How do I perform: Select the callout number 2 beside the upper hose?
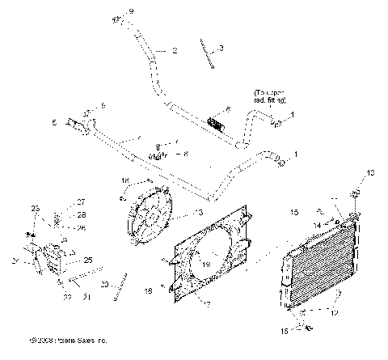coord(174,50)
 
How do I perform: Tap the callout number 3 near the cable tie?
coord(221,49)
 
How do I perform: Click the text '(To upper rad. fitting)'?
coord(269,95)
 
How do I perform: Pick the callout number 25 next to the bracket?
coord(89,260)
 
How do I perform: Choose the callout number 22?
coord(66,297)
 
